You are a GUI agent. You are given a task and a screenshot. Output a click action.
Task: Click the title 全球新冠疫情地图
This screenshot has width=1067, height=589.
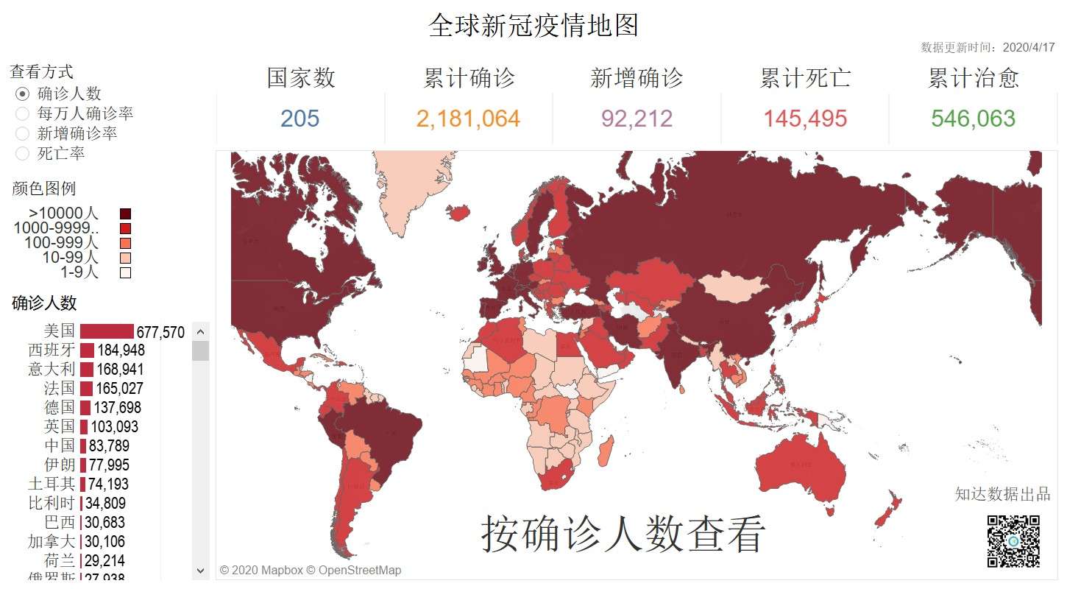533,26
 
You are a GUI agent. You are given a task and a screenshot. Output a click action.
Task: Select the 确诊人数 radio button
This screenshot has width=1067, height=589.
23,94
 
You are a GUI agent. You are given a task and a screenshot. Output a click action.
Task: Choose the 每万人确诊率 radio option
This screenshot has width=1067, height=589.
23,113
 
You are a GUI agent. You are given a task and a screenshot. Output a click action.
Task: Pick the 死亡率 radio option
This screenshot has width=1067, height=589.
23,153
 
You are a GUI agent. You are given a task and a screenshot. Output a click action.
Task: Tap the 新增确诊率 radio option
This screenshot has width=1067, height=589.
23,133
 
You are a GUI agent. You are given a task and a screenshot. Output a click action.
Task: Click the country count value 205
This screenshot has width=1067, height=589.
300,119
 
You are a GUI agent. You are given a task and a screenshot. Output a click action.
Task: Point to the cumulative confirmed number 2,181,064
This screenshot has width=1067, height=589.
468,119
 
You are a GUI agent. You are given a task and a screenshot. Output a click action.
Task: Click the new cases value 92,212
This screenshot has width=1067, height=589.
637,119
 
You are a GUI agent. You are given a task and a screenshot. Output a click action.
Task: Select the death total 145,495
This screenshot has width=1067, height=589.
805,119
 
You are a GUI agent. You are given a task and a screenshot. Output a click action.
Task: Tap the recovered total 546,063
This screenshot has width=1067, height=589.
973,119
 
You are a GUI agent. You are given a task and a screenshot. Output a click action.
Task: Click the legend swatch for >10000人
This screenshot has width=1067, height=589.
125,214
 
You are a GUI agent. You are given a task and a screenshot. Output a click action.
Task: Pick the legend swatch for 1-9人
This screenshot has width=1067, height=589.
125,272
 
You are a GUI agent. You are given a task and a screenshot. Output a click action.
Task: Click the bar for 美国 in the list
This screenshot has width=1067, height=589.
107,331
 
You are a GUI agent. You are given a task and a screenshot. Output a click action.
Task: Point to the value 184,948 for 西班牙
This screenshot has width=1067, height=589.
121,350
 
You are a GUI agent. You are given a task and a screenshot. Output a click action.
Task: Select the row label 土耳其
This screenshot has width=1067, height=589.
52,484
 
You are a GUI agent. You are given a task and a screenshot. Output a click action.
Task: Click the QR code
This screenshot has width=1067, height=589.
1013,541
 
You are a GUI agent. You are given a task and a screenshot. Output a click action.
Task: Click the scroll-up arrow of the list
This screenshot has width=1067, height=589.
200,332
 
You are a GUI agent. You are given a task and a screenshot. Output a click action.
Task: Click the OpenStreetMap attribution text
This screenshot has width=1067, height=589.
360,570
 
